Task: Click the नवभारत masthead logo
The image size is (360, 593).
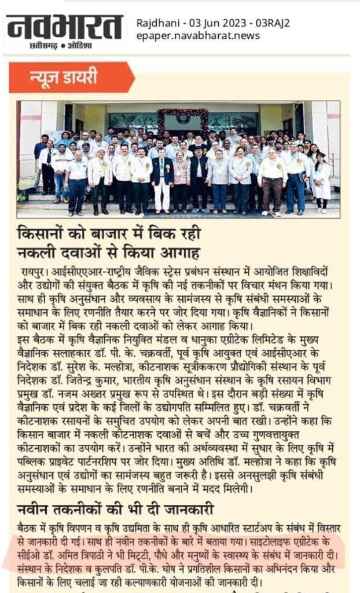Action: tap(64, 26)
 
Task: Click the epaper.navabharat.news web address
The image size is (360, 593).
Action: tap(198, 36)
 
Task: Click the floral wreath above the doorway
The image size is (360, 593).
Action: tap(182, 115)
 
